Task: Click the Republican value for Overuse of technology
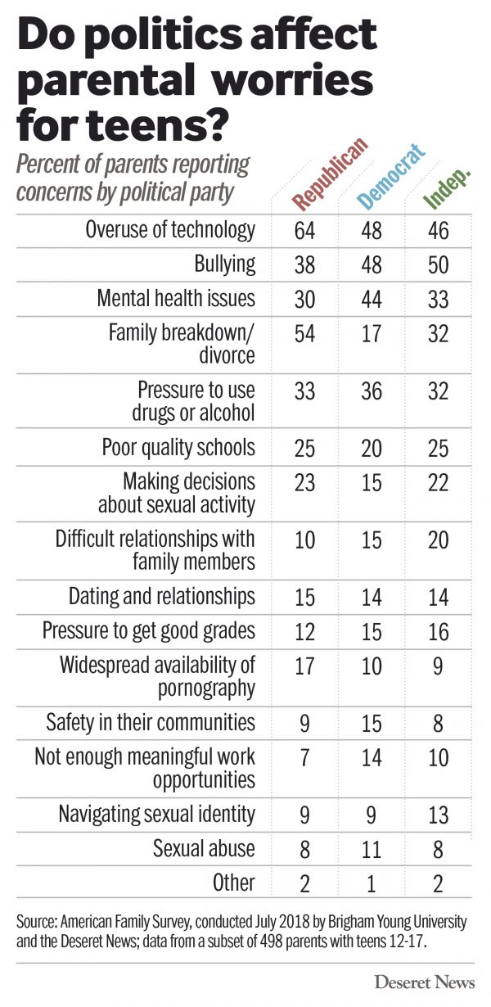tap(304, 230)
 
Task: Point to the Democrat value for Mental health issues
tap(372, 298)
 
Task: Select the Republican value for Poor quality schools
tap(304, 448)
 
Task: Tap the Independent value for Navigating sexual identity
tap(438, 815)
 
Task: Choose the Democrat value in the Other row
tap(372, 883)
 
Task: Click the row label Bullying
tap(225, 264)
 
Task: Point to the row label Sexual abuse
tap(204, 848)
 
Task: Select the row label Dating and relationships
tap(162, 596)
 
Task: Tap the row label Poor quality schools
tap(178, 448)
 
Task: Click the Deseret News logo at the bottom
tap(425, 982)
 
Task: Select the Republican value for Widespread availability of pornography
tap(304, 666)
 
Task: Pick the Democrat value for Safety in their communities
tap(372, 723)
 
